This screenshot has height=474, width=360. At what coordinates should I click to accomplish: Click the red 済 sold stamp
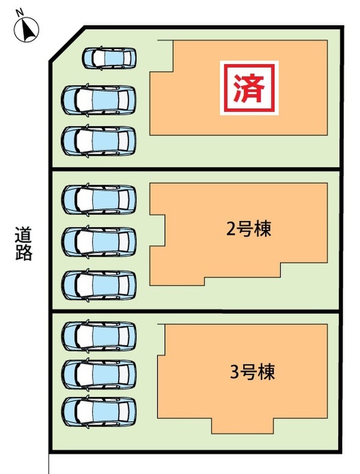(x=249, y=88)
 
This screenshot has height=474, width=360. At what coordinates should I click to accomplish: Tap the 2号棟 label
(x=249, y=229)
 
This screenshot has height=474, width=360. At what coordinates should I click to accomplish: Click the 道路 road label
(x=24, y=244)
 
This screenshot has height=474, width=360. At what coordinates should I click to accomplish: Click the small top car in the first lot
(x=109, y=57)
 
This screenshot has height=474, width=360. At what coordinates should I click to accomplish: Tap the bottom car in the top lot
(x=98, y=140)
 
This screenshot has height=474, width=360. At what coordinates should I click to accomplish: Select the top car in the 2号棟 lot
(x=98, y=199)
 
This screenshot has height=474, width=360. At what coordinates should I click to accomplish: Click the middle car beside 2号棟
(x=98, y=241)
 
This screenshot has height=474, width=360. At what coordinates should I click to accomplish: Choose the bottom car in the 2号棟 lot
(x=98, y=284)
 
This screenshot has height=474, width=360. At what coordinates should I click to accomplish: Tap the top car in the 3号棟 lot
(x=98, y=335)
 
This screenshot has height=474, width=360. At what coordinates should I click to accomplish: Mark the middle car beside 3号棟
(x=98, y=373)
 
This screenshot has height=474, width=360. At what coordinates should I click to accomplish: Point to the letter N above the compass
(x=20, y=12)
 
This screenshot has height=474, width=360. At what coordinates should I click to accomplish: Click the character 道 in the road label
(x=24, y=235)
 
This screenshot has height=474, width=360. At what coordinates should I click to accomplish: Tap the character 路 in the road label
(x=24, y=253)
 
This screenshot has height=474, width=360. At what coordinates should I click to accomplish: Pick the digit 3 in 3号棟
(x=234, y=373)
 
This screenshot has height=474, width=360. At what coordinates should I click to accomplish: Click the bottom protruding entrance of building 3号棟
(x=243, y=426)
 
